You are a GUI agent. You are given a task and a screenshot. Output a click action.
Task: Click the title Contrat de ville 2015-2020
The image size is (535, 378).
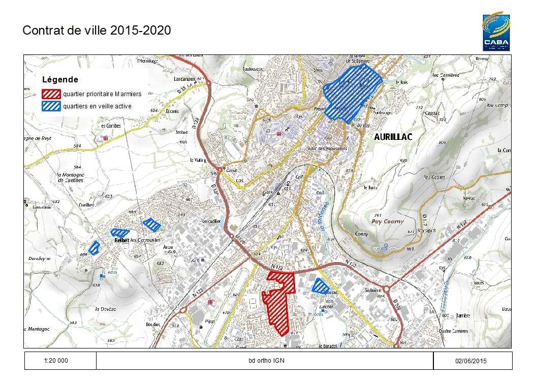point(97,30)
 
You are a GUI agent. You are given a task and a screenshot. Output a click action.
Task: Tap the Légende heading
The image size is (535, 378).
point(60,80)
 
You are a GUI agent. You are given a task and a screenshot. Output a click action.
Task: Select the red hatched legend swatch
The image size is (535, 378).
point(51,94)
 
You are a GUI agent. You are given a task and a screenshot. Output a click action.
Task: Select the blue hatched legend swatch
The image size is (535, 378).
point(51,106)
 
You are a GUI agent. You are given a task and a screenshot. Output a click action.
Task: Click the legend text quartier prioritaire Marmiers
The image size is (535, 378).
point(102,94)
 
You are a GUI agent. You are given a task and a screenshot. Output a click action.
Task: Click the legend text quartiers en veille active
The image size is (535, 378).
point(97,106)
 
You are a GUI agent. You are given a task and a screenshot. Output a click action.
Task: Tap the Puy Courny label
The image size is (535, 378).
point(387,221)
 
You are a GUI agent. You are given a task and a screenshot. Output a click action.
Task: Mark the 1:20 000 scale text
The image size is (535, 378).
point(56,360)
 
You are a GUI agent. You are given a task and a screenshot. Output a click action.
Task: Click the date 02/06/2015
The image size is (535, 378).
point(472,361)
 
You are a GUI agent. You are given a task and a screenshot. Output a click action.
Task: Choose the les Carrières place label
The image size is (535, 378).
point(446,75)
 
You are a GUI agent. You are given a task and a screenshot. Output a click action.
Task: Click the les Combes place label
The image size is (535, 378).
point(110,126)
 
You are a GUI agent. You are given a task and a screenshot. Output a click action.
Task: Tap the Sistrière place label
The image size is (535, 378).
point(373,290)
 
